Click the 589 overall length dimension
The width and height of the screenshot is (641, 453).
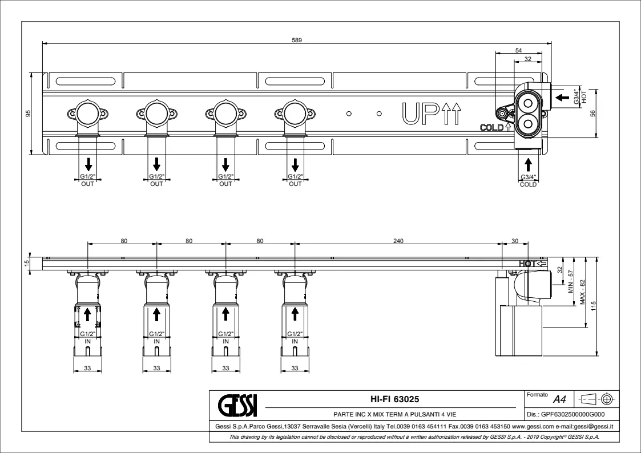point(297,40)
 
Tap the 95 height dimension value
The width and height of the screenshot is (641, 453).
point(28,113)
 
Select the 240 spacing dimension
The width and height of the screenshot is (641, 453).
point(398,241)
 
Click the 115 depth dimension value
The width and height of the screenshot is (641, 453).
point(594,306)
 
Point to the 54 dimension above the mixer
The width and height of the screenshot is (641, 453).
point(518,51)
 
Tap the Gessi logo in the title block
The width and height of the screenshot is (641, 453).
point(237,405)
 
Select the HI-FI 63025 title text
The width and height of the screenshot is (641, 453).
point(389,399)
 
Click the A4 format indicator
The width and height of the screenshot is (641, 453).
point(559,399)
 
